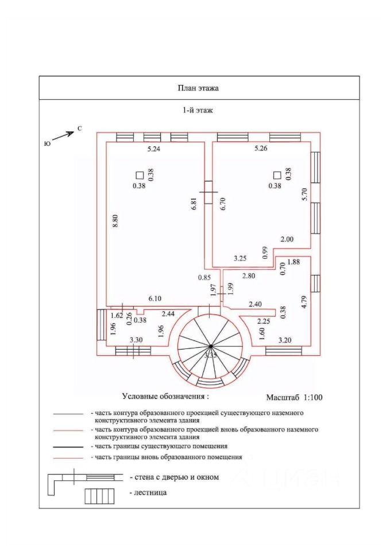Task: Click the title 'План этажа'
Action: click(198, 88)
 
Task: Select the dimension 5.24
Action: click(155, 149)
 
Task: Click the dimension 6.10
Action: click(155, 298)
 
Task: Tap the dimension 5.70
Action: click(306, 195)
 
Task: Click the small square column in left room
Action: click(139, 175)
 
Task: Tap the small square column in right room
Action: click(277, 175)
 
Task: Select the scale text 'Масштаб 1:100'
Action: click(294, 397)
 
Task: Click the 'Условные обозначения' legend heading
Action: click(165, 396)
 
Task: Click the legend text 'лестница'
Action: click(150, 492)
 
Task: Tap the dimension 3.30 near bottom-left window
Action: click(136, 340)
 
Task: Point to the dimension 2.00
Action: click(287, 239)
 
